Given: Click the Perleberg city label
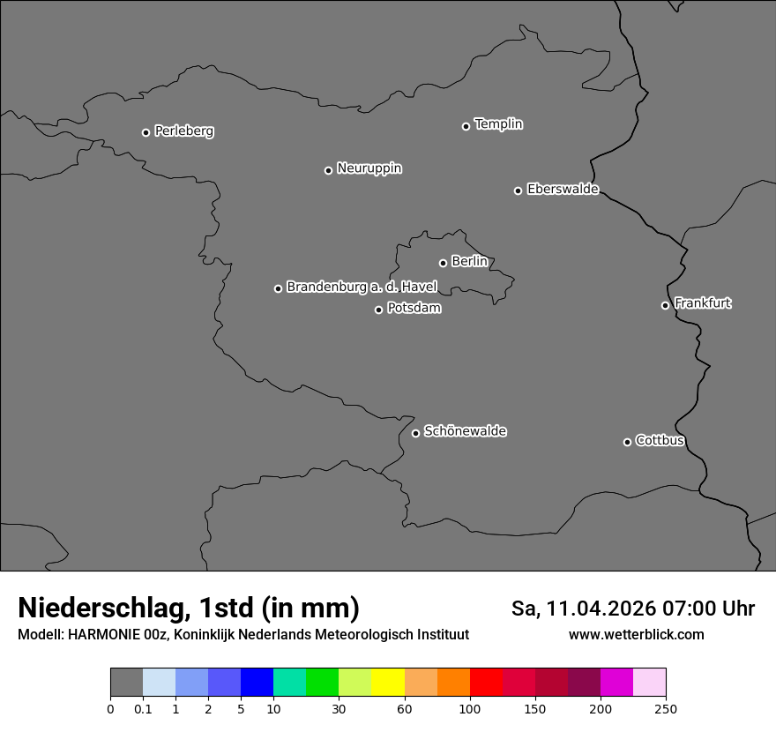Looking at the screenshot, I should tap(183, 131).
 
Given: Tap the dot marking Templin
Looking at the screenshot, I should tap(466, 126).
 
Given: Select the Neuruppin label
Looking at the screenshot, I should tap(369, 168).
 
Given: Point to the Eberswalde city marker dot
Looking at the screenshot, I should tap(518, 190).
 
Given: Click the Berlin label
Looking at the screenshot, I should tap(469, 262).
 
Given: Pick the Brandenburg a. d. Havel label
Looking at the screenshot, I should tap(362, 288).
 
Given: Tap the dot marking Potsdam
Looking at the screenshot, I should tap(378, 310).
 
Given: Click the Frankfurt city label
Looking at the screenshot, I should tap(702, 303).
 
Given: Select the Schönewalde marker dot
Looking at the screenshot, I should tap(415, 433).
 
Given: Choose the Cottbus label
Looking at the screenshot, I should tap(660, 441).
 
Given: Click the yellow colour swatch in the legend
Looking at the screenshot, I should tap(388, 683).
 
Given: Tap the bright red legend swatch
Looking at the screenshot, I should tap(486, 683).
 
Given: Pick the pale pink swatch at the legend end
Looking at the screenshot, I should tap(649, 683).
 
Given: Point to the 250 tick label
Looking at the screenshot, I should tap(666, 709).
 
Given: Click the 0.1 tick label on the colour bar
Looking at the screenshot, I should tap(143, 709).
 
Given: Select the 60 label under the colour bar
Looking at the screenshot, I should tap(405, 709).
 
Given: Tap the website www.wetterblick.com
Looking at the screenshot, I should tap(636, 635).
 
